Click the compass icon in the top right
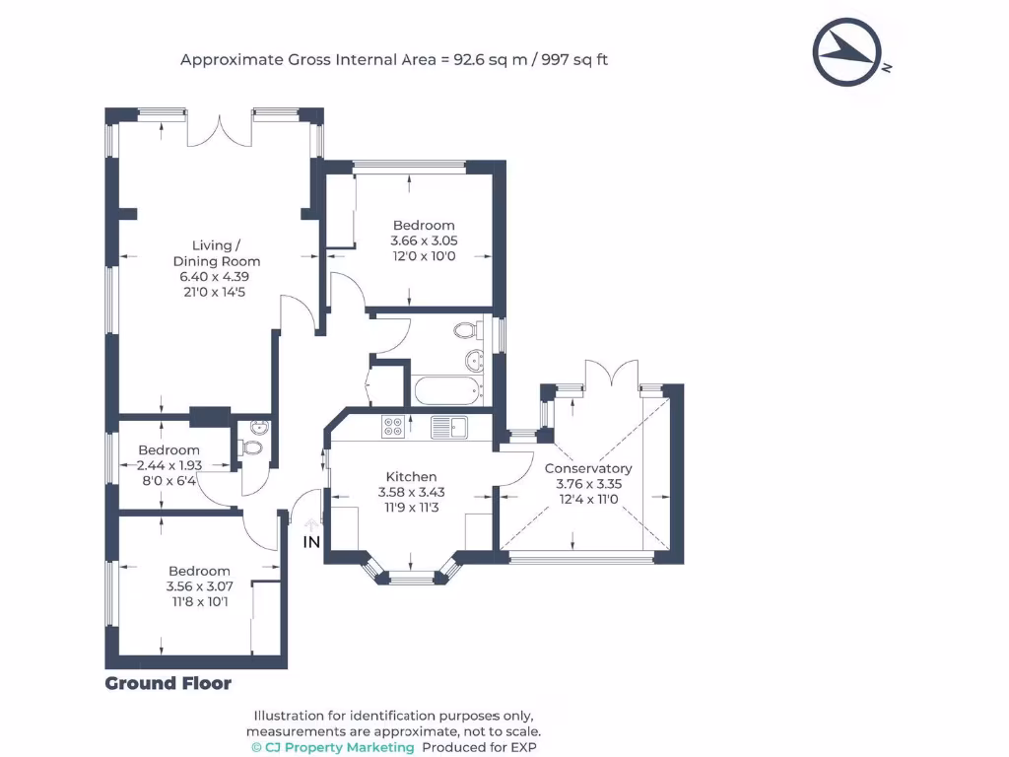click(845, 52)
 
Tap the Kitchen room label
click(412, 476)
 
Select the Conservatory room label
click(588, 468)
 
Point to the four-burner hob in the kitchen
click(392, 427)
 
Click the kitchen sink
click(451, 427)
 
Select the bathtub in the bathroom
click(449, 391)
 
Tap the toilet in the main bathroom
click(467, 331)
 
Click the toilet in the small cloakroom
click(252, 448)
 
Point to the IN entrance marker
click(311, 542)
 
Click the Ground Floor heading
click(168, 684)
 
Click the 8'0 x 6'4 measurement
click(168, 481)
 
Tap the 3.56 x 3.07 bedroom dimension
click(199, 586)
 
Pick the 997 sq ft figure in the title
click(573, 60)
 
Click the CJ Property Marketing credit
click(333, 748)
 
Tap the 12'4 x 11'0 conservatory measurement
click(588, 500)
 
